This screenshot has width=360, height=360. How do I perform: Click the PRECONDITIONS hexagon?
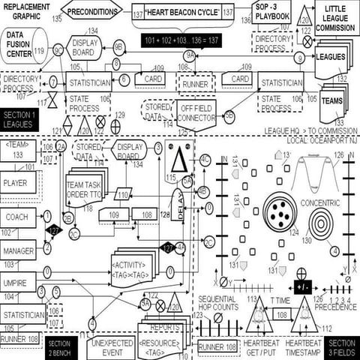pyautogui.click(x=92, y=11)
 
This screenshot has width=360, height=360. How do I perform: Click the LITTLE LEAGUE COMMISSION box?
pyautogui.click(x=334, y=18)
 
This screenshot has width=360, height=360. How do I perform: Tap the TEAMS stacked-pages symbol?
pyautogui.click(x=333, y=100)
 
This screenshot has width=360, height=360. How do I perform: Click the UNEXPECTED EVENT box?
pyautogui.click(x=109, y=346)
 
